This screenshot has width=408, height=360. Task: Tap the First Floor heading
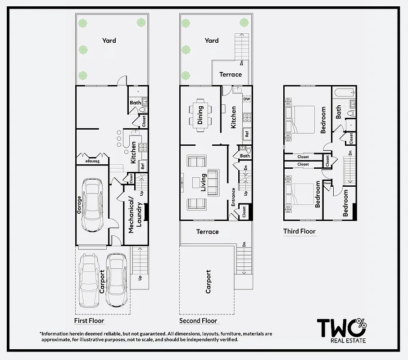coord(89,321)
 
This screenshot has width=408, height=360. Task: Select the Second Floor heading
coord(198,321)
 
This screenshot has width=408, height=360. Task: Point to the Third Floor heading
coord(299,231)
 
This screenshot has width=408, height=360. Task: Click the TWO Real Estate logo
coord(342,330)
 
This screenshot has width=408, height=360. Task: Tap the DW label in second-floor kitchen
coord(246,99)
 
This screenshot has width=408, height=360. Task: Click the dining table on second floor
coord(201,115)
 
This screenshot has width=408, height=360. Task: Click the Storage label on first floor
coord(92,161)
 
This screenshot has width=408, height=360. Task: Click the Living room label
coord(204,182)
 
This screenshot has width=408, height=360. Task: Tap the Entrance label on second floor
coord(233,197)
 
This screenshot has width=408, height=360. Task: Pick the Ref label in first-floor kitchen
coord(143,166)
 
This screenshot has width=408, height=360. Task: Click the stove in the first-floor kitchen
coord(143,147)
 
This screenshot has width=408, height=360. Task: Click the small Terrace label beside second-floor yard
coord(231,74)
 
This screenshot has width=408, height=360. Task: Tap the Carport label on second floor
coord(208,282)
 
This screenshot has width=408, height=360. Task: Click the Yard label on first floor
coord(109,40)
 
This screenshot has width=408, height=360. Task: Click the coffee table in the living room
coord(195,182)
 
